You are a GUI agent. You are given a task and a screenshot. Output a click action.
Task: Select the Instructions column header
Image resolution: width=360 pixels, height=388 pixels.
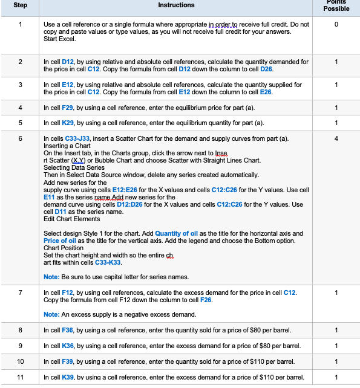tap(176, 5)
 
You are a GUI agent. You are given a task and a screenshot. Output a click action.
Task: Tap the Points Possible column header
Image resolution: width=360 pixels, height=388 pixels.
tap(336, 5)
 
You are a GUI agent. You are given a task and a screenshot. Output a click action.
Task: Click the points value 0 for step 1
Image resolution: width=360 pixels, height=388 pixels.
tap(336, 24)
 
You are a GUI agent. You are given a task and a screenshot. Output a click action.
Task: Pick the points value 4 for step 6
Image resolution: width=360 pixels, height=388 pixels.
tap(336, 139)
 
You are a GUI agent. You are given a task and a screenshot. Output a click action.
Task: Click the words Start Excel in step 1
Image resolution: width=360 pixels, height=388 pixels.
tap(59, 39)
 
